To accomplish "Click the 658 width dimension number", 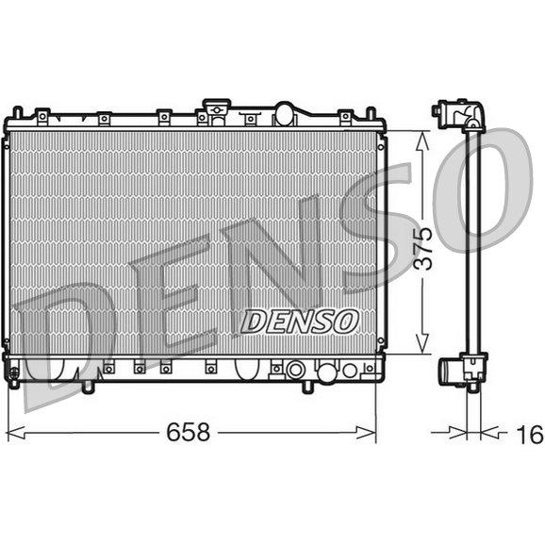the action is click(188, 432).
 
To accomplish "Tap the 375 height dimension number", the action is click(423, 249).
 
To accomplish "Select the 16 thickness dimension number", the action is click(530, 435).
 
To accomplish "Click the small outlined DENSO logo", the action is click(299, 322).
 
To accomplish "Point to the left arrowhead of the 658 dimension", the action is click(16, 433).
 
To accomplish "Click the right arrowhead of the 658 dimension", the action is click(367, 433).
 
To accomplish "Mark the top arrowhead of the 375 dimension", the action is click(422, 140).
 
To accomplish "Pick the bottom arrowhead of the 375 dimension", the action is click(422, 344).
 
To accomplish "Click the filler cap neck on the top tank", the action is click(217, 110).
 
